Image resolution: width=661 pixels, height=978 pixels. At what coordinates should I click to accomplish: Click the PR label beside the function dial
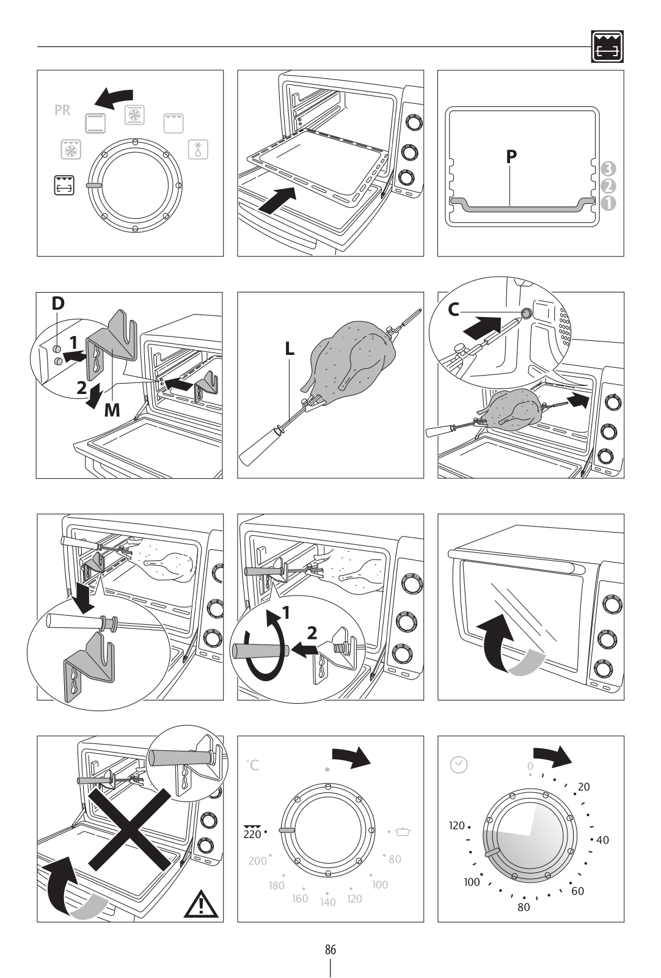(62, 111)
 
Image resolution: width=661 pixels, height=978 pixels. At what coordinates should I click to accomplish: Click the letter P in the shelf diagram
(511, 156)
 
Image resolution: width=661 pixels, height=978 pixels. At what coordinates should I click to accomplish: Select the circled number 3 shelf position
(608, 169)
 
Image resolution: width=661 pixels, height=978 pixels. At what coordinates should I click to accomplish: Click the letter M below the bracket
(112, 410)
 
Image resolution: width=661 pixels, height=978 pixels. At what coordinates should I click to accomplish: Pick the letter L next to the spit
(290, 349)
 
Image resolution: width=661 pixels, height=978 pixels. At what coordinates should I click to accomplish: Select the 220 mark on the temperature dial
(252, 833)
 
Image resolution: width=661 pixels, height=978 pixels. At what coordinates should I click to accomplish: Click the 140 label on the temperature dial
(328, 902)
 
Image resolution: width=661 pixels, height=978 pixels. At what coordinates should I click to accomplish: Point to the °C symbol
(253, 765)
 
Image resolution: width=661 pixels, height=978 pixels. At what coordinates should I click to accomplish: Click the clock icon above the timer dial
(459, 764)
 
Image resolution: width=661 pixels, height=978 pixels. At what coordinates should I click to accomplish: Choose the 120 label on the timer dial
(457, 826)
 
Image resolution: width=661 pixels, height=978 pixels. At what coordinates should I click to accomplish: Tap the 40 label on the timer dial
(602, 840)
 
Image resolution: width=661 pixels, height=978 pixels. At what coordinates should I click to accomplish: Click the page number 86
(330, 950)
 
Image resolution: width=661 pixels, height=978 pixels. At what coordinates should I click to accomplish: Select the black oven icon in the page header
(608, 47)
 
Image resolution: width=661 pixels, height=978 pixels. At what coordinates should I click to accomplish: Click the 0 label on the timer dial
(530, 766)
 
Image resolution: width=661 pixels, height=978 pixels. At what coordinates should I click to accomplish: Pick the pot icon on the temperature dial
(404, 831)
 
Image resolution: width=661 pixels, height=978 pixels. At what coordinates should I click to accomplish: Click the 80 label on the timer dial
(524, 907)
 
